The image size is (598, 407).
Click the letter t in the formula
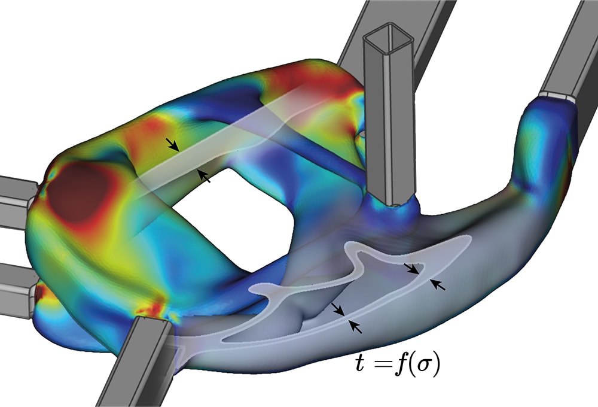pyautogui.click(x=360, y=363)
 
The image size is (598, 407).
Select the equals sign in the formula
pyautogui.click(x=380, y=365)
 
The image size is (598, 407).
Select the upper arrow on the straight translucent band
pyautogui.click(x=172, y=144)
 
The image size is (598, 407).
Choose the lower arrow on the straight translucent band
pyautogui.click(x=204, y=176)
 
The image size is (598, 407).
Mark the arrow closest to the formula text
pyautogui.click(x=356, y=327)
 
